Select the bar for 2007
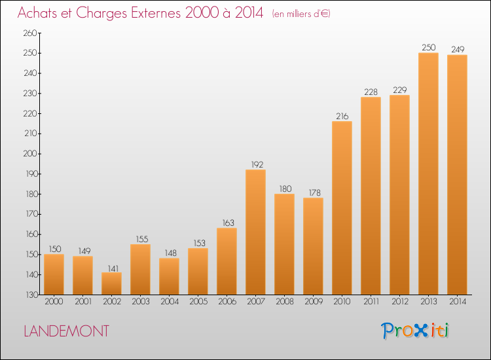pyautogui.click(x=255, y=232)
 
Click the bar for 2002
pyautogui.click(x=111, y=283)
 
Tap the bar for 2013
pyautogui.click(x=428, y=173)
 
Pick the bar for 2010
pyautogui.click(x=342, y=208)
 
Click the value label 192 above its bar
pyautogui.click(x=257, y=164)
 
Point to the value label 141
pyautogui.click(x=113, y=268)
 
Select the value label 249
pyautogui.click(x=458, y=50)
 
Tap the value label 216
pyautogui.click(x=342, y=116)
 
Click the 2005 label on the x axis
pyautogui.click(x=198, y=301)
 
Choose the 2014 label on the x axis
pyautogui.click(x=458, y=301)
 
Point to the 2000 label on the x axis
pyautogui.click(x=54, y=301)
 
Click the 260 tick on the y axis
pyautogui.click(x=30, y=33)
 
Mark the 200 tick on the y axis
pyautogui.click(x=30, y=154)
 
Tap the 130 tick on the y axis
pyautogui.click(x=31, y=295)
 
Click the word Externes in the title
pyautogui.click(x=156, y=12)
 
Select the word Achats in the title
pyautogui.click(x=37, y=12)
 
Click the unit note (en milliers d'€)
pyautogui.click(x=301, y=14)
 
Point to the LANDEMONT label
pyautogui.click(x=66, y=331)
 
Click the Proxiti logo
pyautogui.click(x=415, y=331)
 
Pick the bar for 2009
pyautogui.click(x=313, y=246)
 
